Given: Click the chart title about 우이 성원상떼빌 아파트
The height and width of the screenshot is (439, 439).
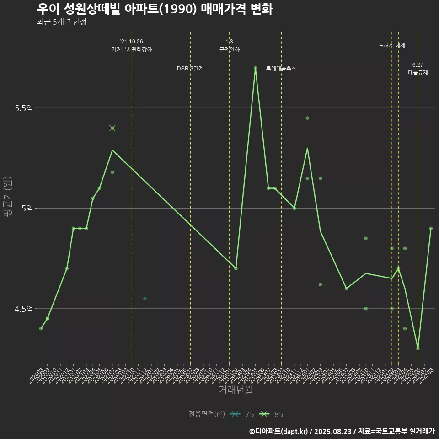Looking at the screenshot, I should (155, 9).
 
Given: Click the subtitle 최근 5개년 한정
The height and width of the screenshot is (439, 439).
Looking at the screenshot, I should (61, 22).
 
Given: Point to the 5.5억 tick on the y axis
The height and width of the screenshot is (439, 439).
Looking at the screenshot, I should (24, 108).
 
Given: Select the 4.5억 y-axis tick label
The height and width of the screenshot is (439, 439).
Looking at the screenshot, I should (24, 309).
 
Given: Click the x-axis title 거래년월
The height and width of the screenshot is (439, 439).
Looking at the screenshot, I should (236, 390).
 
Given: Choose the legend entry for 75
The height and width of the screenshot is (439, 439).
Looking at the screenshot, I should (242, 414).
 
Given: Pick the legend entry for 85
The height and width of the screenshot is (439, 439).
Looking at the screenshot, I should (272, 414).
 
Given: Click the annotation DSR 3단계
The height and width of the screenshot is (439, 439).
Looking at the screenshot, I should (190, 69).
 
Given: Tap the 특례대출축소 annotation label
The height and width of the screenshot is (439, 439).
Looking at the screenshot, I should (281, 69).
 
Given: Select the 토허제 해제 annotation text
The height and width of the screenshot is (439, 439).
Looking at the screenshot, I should (392, 45).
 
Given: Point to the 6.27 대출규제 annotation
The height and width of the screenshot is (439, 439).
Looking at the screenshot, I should (418, 69).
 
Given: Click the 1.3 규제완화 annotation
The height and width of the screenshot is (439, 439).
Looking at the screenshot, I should (230, 46).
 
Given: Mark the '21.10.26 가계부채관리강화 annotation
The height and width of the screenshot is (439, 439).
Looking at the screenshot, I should (132, 46).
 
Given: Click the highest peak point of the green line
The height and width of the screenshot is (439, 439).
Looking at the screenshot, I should (255, 68).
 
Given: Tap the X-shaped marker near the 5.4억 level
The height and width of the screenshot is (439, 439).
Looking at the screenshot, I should (112, 128).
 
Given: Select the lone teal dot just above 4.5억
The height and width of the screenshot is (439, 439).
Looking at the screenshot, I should (145, 299).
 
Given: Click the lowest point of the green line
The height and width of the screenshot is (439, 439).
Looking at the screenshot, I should (418, 348).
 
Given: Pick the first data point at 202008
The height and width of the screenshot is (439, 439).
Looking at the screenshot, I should (41, 328).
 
